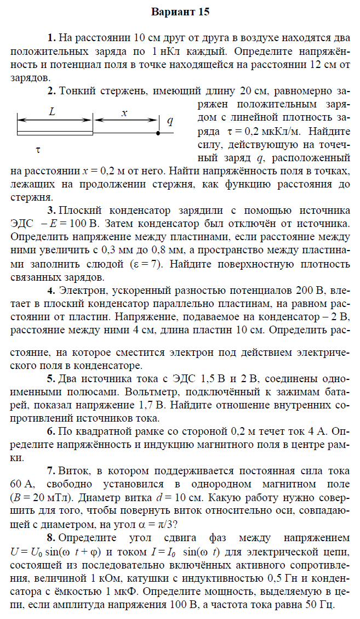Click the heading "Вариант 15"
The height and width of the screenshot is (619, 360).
(x=180, y=12)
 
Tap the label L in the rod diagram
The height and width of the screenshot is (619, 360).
(x=52, y=111)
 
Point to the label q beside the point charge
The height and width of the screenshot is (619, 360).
(x=170, y=121)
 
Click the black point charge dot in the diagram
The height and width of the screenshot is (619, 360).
(x=158, y=133)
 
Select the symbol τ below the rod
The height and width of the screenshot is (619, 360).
(x=38, y=149)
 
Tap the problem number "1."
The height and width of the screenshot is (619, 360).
(x=52, y=38)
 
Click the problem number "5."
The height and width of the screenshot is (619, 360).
(x=52, y=379)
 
